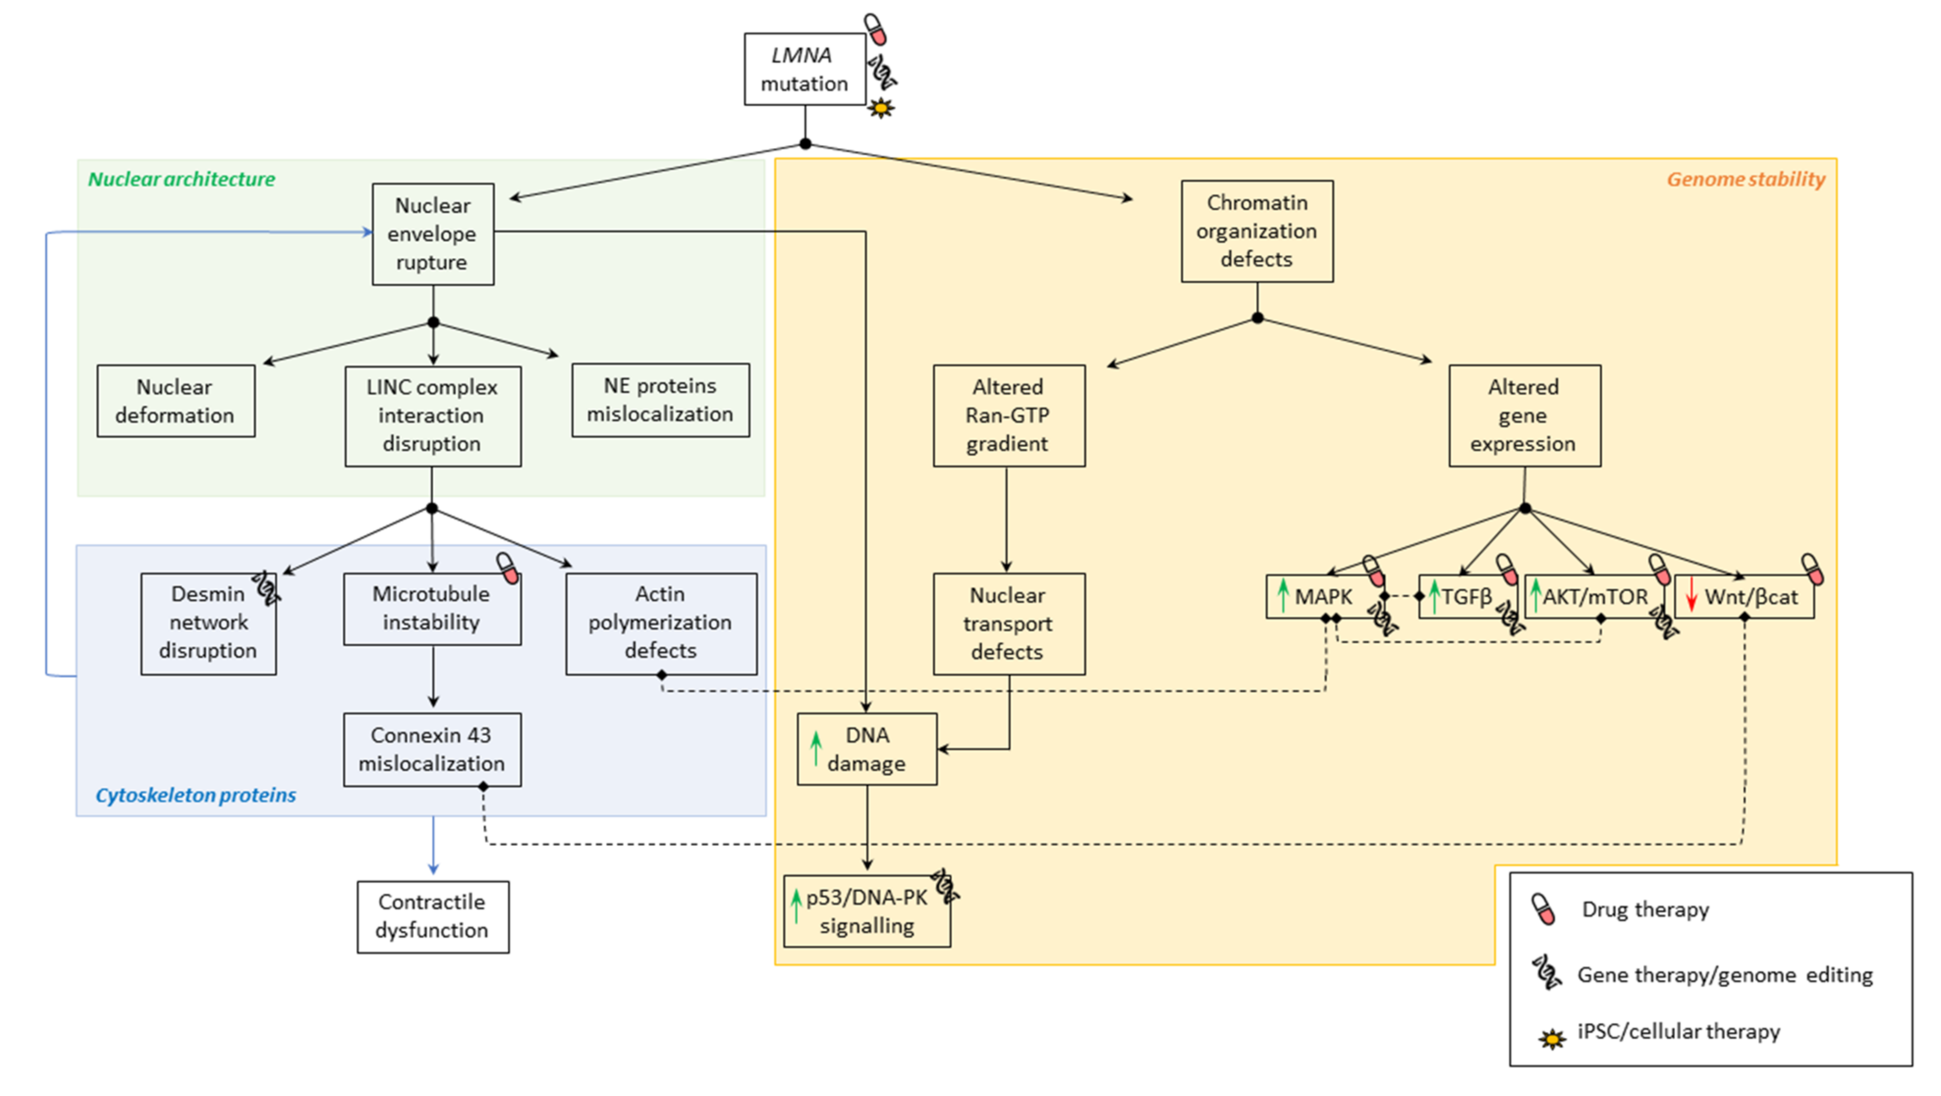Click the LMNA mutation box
click(x=804, y=69)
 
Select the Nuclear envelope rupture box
click(x=433, y=234)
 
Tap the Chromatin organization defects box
click(x=1257, y=230)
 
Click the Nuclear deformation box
click(x=175, y=401)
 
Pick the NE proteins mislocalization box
click(x=660, y=400)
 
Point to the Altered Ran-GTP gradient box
click(x=1009, y=416)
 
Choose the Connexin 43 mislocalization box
click(x=432, y=749)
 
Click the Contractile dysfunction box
click(x=433, y=917)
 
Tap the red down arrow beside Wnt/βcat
click(x=1691, y=594)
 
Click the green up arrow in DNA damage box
click(x=815, y=748)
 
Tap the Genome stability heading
click(x=1745, y=179)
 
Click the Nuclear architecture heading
click(x=182, y=179)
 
